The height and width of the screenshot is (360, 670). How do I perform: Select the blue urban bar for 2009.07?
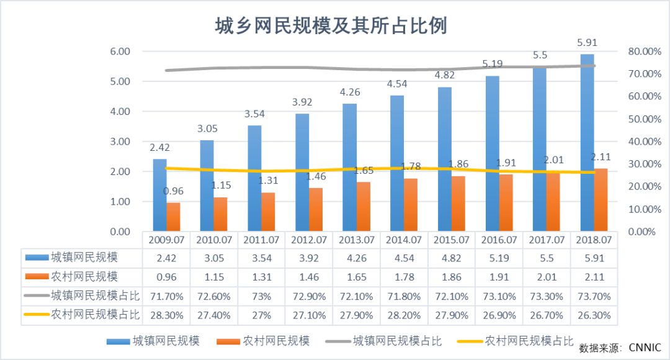160,195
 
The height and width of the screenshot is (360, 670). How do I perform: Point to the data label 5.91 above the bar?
587,44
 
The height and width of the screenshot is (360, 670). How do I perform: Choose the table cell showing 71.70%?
166,296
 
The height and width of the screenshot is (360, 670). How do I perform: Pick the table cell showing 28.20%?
404,315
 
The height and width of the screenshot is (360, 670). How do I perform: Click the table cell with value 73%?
261,296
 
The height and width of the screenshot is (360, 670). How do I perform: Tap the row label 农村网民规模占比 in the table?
93,315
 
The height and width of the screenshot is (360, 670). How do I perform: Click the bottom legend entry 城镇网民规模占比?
397,341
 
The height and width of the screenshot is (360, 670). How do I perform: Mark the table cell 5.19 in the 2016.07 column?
499,258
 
